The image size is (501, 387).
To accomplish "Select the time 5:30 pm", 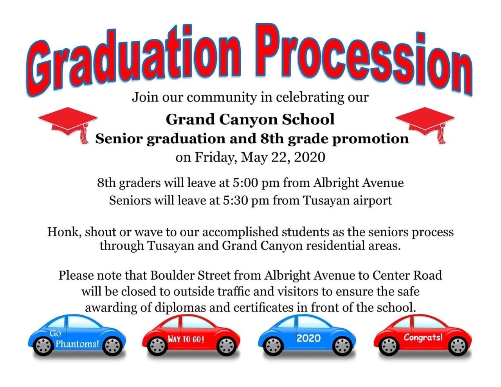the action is tap(246, 200).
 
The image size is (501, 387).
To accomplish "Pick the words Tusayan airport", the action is tap(347, 200).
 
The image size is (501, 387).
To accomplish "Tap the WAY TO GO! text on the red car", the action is tap(186, 340).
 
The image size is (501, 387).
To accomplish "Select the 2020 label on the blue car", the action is tap(308, 338).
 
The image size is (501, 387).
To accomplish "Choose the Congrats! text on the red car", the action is tap(423, 337).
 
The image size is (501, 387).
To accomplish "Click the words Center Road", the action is tap(407, 275).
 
